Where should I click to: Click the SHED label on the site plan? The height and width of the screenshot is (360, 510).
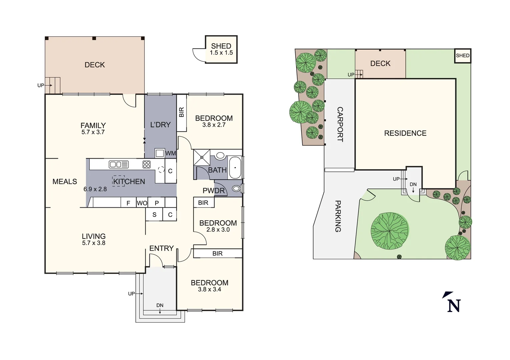[x=463, y=56]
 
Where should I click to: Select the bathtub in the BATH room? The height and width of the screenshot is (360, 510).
[x=235, y=168]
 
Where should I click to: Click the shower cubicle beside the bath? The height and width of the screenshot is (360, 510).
[x=202, y=157]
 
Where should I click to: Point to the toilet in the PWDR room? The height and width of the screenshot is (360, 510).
[x=236, y=189]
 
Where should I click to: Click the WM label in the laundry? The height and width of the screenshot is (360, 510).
[x=170, y=153]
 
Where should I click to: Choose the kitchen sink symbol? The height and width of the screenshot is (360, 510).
[x=119, y=164]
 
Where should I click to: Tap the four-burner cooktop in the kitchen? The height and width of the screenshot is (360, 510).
[x=146, y=164]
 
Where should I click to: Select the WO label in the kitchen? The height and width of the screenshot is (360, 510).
[x=142, y=203]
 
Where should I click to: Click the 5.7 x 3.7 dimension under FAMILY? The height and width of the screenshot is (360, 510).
[x=93, y=132]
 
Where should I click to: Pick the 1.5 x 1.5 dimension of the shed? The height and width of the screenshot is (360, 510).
[x=221, y=53]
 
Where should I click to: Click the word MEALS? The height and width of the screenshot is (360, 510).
[x=65, y=182]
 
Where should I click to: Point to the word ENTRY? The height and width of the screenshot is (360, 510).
[x=161, y=248]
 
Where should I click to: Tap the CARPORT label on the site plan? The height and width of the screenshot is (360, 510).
[x=340, y=124]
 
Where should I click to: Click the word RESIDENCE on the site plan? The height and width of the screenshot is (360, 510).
[x=405, y=133]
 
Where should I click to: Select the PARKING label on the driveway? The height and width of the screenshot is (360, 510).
[x=338, y=216]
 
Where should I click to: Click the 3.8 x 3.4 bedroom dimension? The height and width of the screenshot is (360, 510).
[x=209, y=290]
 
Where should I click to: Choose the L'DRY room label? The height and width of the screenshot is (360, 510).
[x=160, y=125]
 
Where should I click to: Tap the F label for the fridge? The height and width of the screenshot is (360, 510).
[x=128, y=203]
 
